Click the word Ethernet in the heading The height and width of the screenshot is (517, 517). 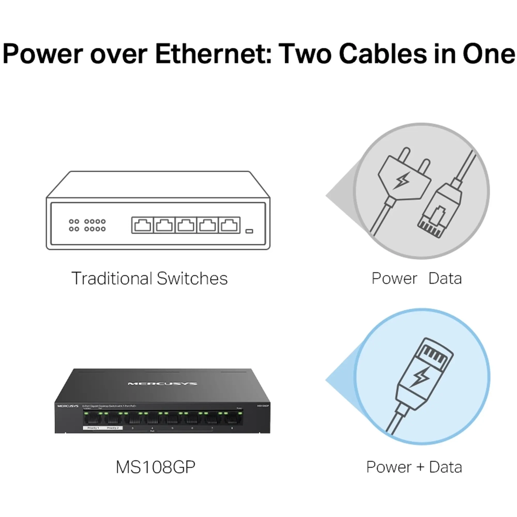[213, 54]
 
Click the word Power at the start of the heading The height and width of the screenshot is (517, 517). [44, 54]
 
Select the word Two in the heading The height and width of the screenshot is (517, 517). [304, 54]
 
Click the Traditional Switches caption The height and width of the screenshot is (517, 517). [149, 278]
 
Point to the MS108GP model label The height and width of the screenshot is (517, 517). [155, 467]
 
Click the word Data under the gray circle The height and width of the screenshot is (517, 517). [445, 278]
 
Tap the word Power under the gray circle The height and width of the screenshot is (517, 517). [394, 278]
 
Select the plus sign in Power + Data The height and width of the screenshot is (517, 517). [420, 467]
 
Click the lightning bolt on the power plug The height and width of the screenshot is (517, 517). [403, 181]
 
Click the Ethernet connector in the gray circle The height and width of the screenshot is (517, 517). [439, 210]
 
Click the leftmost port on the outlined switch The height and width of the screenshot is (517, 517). [142, 225]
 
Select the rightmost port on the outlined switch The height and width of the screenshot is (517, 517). [229, 225]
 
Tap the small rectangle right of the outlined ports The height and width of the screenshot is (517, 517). [249, 231]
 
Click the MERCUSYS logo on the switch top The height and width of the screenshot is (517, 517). [162, 384]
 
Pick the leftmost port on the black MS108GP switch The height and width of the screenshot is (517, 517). [92, 419]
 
